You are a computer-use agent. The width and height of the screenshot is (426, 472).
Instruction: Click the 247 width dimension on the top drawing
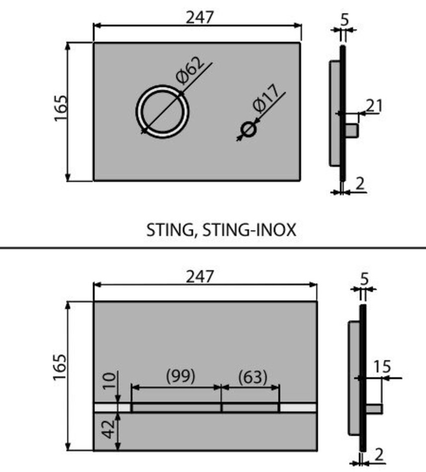pyautogui.click(x=200, y=17)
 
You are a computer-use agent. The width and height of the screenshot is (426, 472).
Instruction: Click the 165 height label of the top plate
pyautogui.click(x=61, y=107)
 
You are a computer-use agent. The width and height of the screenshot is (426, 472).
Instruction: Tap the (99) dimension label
pyautogui.click(x=180, y=376)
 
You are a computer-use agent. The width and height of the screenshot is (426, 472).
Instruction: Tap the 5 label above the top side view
pyautogui.click(x=346, y=19)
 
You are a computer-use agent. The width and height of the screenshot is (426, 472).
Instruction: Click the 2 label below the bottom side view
pyautogui.click(x=380, y=455)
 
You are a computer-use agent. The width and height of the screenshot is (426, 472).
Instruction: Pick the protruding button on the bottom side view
pyautogui.click(x=374, y=409)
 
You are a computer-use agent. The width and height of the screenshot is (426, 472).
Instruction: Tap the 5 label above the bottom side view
pyautogui.click(x=365, y=279)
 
